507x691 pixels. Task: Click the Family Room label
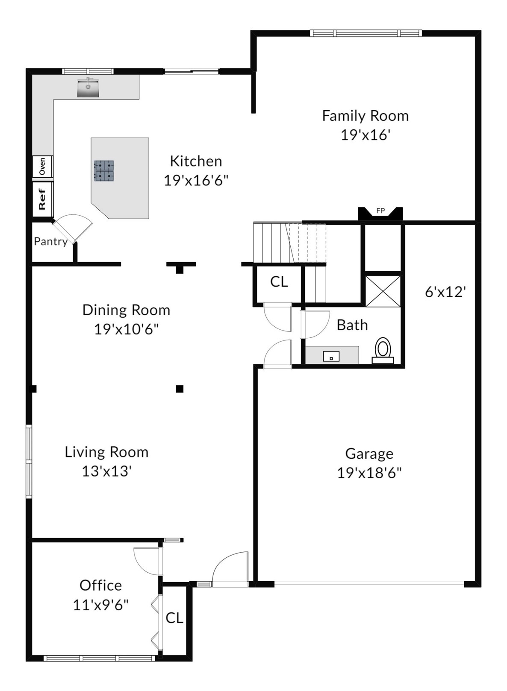[365, 116]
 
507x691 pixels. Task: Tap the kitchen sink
[88, 88]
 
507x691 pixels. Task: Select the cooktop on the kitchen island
[104, 170]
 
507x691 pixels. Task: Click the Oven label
[42, 166]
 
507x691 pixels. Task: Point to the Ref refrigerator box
[43, 199]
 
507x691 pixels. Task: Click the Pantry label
[50, 242]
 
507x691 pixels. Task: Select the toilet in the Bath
[383, 351]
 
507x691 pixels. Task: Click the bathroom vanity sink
[331, 356]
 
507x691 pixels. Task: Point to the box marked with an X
[383, 291]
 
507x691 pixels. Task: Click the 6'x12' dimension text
[445, 292]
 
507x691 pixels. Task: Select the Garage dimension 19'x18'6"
[369, 473]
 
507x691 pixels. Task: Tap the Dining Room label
[126, 310]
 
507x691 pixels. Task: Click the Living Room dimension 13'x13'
[107, 471]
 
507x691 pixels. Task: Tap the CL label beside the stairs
[279, 281]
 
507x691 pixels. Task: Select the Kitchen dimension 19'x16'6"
[196, 181]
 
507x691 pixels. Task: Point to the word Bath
[352, 325]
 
